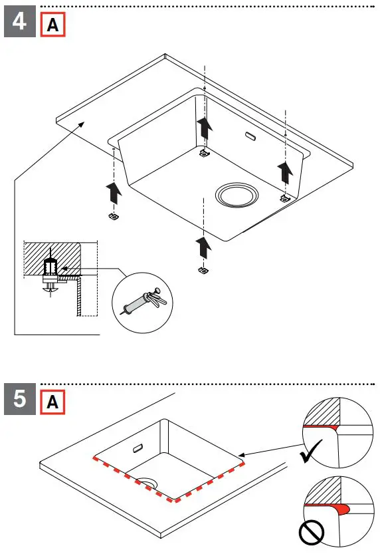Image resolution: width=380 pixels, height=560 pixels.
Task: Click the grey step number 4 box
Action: (x=20, y=21)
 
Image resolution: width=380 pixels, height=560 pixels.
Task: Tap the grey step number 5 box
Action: (x=20, y=399)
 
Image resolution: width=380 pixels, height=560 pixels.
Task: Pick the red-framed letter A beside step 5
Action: (x=53, y=402)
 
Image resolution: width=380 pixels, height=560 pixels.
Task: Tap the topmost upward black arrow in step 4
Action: (x=205, y=128)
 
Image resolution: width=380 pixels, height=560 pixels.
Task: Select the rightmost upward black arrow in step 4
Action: (x=285, y=172)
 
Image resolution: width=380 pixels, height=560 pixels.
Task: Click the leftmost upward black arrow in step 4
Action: (x=114, y=194)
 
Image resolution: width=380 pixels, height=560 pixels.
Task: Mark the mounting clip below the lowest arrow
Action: (x=203, y=270)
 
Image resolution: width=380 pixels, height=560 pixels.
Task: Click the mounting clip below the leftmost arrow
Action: (x=113, y=217)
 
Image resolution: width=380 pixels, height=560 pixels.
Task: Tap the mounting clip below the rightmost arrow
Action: (x=284, y=198)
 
